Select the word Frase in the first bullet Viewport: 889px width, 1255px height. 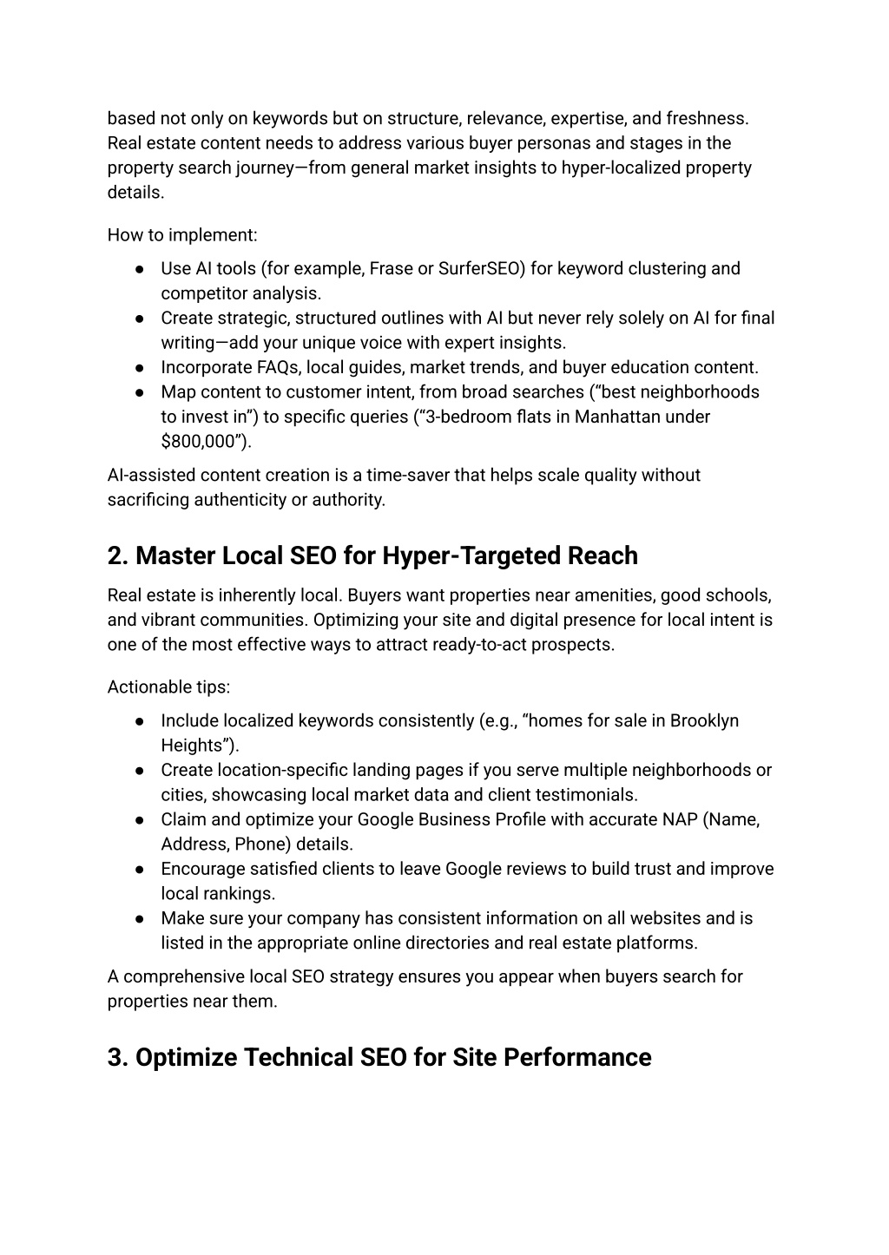click(x=391, y=268)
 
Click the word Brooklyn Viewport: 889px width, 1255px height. click(x=704, y=720)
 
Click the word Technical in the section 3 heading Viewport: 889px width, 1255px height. click(x=295, y=1057)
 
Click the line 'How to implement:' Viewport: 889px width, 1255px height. click(x=182, y=234)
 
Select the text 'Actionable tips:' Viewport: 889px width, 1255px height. click(x=168, y=687)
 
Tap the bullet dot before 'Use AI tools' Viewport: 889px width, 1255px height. click(x=139, y=269)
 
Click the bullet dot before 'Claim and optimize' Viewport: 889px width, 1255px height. click(x=139, y=820)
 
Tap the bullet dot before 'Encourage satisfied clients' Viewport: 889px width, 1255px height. click(x=139, y=870)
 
